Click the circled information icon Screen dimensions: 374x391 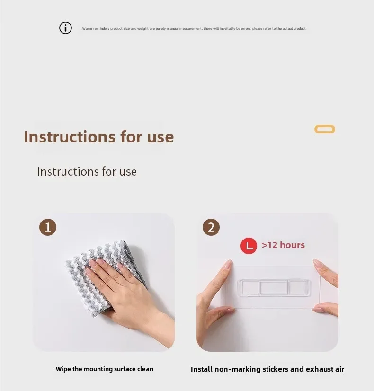tap(65, 27)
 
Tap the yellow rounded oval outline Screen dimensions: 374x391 tap(325, 126)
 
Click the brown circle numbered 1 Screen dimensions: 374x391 tap(48, 227)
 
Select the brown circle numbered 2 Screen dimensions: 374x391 tap(211, 227)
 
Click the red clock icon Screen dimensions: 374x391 tap(249, 246)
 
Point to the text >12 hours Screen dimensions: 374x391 tap(283, 245)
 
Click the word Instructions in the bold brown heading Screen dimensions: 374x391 tap(70, 137)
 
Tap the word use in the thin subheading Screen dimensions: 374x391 tap(128, 172)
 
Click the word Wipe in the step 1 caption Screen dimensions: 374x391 tap(63, 369)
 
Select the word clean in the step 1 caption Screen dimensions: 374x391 tap(145, 369)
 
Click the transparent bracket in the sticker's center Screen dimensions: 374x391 tap(274, 287)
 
